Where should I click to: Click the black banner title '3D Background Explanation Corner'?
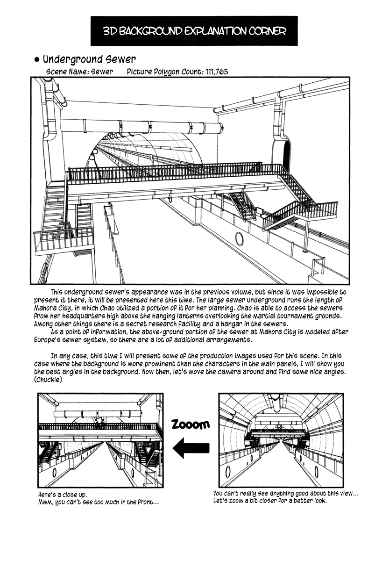194,31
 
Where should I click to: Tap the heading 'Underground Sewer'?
89,59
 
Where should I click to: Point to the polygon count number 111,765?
211,72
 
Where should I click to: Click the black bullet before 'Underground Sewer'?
37,60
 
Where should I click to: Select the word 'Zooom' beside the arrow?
190,424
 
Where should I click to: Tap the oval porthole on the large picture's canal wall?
239,239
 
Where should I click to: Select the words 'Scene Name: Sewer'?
80,72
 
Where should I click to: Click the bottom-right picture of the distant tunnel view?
281,440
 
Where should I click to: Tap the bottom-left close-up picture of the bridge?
100,440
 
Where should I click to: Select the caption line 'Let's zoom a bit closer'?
269,501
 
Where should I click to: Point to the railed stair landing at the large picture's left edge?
63,240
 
